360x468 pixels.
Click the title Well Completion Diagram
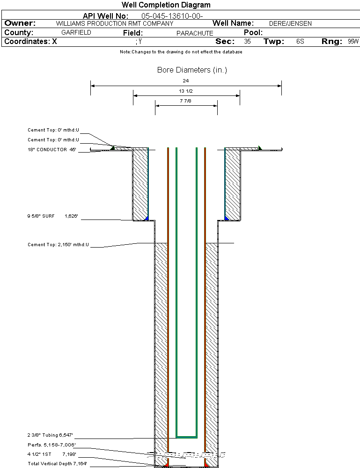point(166,5)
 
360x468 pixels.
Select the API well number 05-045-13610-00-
point(172,16)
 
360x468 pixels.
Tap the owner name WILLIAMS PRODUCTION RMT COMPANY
point(114,23)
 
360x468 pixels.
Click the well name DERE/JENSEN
point(290,23)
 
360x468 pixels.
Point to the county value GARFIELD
point(76,33)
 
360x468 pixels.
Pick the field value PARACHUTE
point(195,33)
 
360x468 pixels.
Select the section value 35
point(248,42)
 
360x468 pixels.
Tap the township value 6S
point(300,42)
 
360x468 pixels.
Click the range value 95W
point(353,42)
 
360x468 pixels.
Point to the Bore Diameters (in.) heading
point(192,70)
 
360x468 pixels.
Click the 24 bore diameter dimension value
point(186,81)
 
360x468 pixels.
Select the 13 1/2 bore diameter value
point(186,91)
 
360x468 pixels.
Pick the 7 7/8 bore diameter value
point(186,101)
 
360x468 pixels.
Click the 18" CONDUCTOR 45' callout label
point(51,150)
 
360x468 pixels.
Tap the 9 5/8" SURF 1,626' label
point(52,217)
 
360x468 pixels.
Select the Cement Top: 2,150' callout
point(58,245)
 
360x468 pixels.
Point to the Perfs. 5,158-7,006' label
point(51,445)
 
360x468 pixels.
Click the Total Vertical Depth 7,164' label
point(57,463)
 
